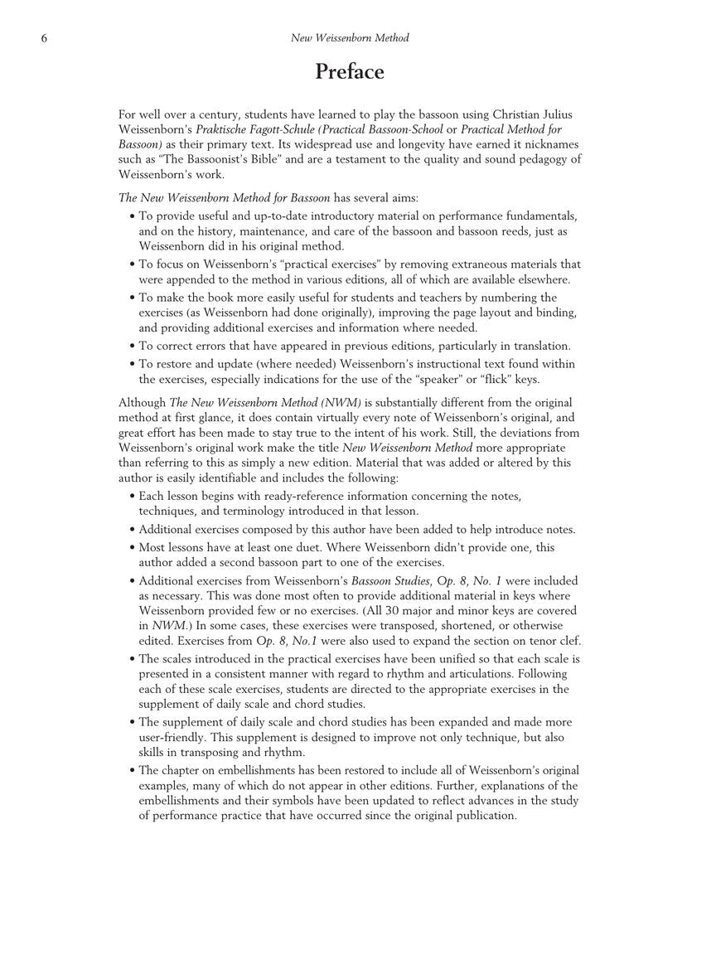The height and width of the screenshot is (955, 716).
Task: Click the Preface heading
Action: coord(349,72)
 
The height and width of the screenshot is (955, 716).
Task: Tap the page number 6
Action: coord(44,38)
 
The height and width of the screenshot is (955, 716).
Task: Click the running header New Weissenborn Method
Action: coord(349,38)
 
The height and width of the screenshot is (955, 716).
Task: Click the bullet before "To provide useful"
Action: coord(133,216)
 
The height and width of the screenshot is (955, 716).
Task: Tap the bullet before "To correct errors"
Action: coord(133,347)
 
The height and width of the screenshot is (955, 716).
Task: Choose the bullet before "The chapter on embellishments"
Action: coord(133,771)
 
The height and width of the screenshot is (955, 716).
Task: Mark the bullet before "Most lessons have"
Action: coord(133,548)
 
